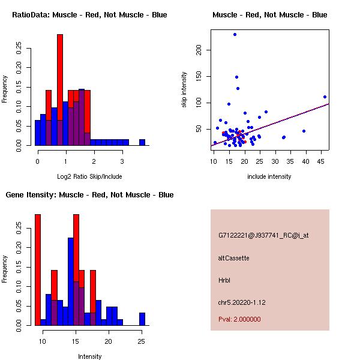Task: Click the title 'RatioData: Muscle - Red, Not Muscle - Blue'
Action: click(x=89, y=15)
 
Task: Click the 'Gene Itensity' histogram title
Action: click(x=89, y=195)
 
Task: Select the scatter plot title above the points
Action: click(x=269, y=15)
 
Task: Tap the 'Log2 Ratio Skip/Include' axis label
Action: click(x=89, y=176)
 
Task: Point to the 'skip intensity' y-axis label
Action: click(x=184, y=90)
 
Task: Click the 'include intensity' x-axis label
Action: click(x=269, y=176)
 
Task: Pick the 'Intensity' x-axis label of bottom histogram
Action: click(x=89, y=356)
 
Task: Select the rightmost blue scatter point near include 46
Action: click(x=325, y=97)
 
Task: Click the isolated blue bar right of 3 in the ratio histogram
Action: click(x=142, y=142)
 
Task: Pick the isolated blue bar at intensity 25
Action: click(x=142, y=319)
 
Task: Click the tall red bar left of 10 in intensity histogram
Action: click(x=38, y=270)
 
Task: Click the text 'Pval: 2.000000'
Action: click(x=239, y=319)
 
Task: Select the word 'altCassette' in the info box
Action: click(x=233, y=258)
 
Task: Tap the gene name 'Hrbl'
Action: click(x=224, y=280)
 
